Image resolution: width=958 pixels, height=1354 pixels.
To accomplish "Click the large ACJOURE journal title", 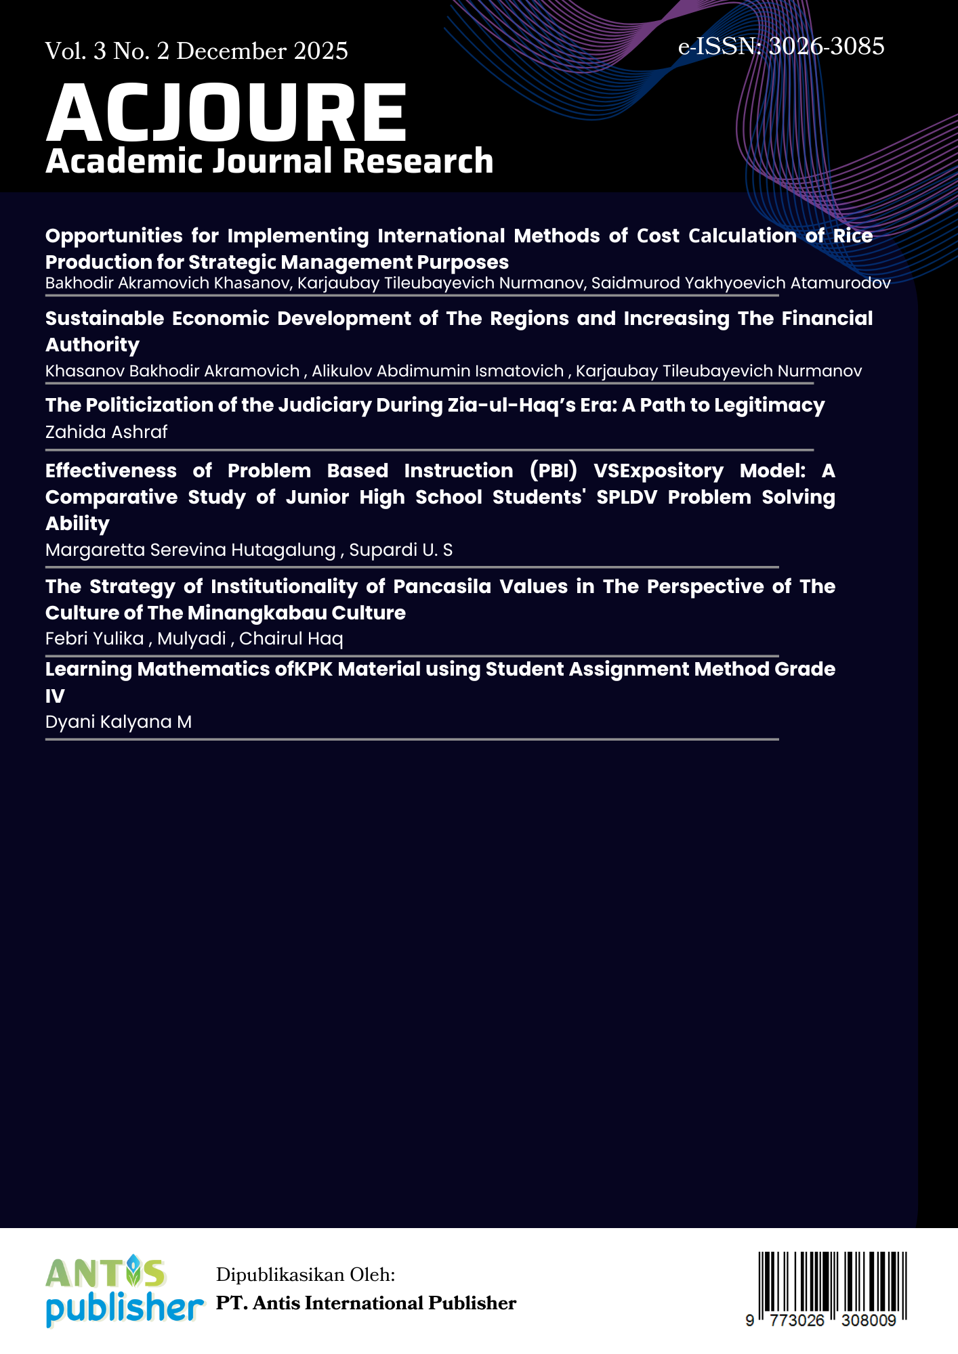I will tap(227, 112).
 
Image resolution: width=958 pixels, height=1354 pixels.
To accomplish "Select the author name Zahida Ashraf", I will tap(106, 432).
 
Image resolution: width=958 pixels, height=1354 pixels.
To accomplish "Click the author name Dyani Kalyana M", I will tap(119, 722).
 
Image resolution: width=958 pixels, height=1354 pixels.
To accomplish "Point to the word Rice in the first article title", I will tap(853, 236).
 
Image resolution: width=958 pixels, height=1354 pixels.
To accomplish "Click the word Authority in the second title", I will tap(92, 345).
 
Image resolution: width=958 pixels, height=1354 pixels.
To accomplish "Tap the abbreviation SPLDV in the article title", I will tap(627, 497).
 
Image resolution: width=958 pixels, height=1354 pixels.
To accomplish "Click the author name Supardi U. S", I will tap(400, 550).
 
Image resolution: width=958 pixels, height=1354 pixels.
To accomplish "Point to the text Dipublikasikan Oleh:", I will tap(306, 1275).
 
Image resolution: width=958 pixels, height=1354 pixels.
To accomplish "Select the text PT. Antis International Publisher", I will tap(366, 1303).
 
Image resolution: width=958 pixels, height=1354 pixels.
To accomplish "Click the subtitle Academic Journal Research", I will tap(269, 161).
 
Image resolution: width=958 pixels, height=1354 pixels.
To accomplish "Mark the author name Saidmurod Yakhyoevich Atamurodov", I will tap(741, 283).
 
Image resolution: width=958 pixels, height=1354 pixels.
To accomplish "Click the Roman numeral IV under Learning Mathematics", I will tap(55, 695).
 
